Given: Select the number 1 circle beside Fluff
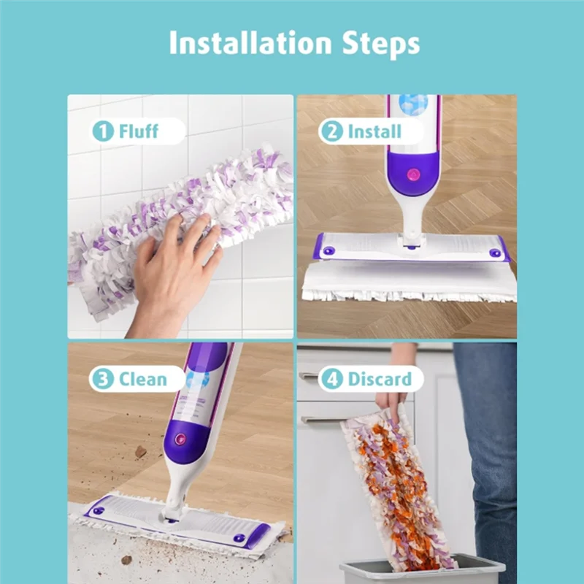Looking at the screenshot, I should (103, 131).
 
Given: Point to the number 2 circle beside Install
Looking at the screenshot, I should (331, 131).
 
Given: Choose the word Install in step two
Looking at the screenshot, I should (374, 131).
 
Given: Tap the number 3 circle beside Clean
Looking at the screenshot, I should (103, 380).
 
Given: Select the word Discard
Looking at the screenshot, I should (380, 380).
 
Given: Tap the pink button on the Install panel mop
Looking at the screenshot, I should (412, 175).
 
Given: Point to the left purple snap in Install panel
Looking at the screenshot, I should (328, 251).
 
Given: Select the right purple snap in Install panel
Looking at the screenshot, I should (496, 253).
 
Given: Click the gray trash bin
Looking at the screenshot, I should (423, 569).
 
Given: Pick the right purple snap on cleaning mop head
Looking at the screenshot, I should (240, 537).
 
